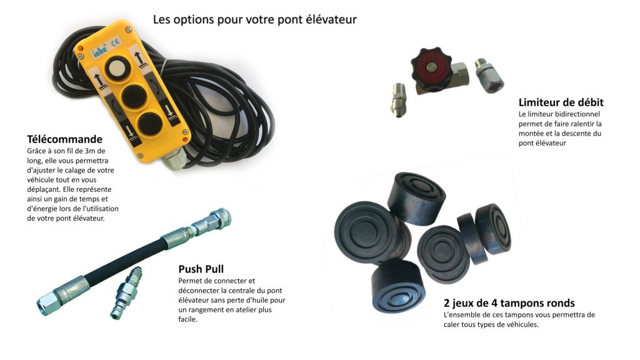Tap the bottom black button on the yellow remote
pyautogui.click(x=149, y=124)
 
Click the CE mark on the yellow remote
pyautogui.click(x=116, y=42)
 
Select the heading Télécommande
pyautogui.click(x=64, y=139)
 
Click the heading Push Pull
pyautogui.click(x=201, y=269)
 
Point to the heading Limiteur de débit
pyautogui.click(x=561, y=102)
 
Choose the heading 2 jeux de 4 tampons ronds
pyautogui.click(x=509, y=303)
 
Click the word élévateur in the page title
pyautogui.click(x=331, y=19)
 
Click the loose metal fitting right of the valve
pyautogui.click(x=489, y=76)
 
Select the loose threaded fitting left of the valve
pyautogui.click(x=398, y=100)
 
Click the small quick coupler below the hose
pyautogui.click(x=126, y=292)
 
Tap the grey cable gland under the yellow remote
pyautogui.click(x=174, y=159)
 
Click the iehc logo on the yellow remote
pyautogui.click(x=99, y=51)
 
